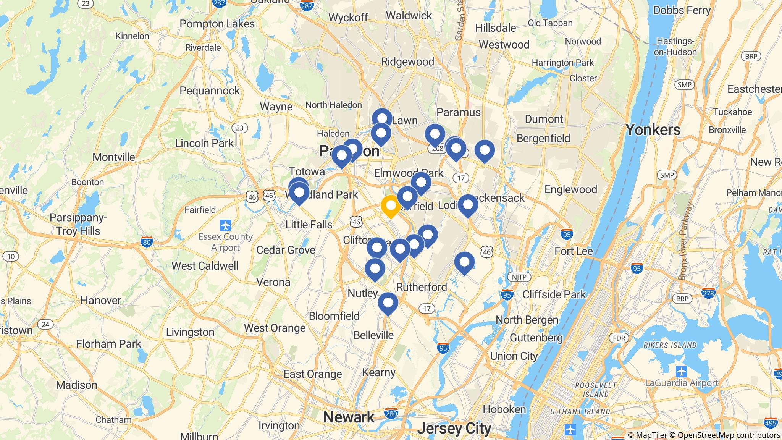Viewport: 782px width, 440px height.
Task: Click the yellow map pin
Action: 391,206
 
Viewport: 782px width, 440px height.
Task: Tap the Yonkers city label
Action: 653,130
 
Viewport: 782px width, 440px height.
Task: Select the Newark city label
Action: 349,417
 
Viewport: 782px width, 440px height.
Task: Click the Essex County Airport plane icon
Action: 226,225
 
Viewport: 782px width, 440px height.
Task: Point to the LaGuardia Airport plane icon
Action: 681,371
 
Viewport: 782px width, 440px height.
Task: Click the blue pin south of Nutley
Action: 388,303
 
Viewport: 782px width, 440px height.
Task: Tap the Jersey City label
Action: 454,429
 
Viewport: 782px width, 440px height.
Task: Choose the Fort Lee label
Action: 574,251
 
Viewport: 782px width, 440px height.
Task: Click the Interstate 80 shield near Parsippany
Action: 147,242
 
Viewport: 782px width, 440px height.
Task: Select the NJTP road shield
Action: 519,277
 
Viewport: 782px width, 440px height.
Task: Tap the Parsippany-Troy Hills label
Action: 78,224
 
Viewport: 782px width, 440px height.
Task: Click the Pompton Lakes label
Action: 217,24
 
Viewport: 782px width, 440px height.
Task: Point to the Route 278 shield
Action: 708,293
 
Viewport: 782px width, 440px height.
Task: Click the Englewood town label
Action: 570,189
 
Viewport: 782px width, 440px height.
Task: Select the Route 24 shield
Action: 45,324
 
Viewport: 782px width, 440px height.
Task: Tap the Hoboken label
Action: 504,409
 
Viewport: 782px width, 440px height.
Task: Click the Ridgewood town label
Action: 407,61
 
